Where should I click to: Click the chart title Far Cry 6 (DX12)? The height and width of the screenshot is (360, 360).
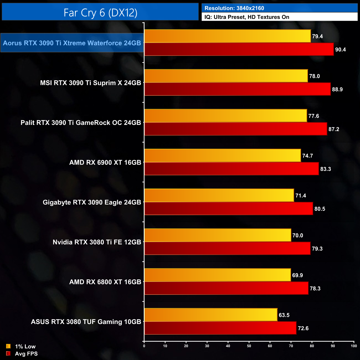(100, 12)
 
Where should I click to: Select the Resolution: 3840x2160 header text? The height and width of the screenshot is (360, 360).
(234, 8)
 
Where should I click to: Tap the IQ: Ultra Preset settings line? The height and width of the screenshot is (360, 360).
(247, 17)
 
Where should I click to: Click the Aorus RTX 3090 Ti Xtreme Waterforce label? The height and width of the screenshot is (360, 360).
(72, 43)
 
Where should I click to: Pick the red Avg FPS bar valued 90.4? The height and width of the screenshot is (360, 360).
(239, 49)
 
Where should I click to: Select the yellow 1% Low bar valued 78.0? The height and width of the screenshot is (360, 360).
(226, 76)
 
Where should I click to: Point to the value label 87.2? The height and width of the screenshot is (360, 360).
(334, 129)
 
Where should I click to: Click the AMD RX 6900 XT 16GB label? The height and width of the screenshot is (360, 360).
(105, 163)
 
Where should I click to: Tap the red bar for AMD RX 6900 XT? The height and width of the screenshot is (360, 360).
(232, 169)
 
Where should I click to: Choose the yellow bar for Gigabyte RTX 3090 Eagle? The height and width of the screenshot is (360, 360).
(219, 196)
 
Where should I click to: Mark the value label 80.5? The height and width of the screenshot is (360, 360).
(320, 209)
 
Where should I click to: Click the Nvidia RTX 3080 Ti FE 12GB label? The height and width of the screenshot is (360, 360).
(97, 242)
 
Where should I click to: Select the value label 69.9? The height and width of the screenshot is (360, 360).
(297, 275)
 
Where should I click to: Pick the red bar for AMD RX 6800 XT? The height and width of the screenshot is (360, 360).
(226, 288)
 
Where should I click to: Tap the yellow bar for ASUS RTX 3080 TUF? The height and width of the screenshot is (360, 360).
(211, 315)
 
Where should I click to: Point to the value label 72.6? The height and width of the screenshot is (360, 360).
(303, 328)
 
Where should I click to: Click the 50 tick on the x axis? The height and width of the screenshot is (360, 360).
(249, 346)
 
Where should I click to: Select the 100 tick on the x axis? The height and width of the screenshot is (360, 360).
(354, 346)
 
